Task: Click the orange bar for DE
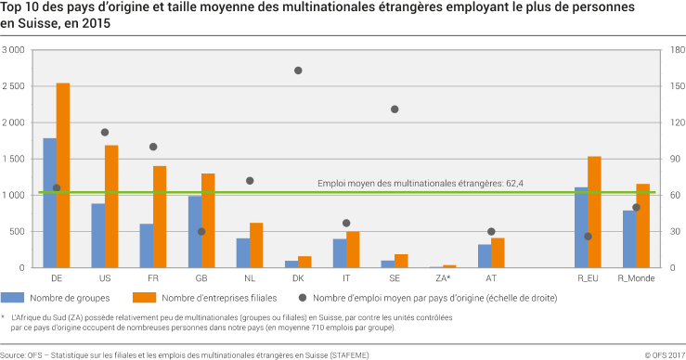click(63, 175)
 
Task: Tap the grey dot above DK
click(298, 71)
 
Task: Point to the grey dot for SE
click(395, 109)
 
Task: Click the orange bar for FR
click(160, 217)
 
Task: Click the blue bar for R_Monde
click(629, 239)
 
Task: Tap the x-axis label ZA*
click(443, 277)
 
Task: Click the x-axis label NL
click(250, 277)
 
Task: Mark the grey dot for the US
click(105, 133)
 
